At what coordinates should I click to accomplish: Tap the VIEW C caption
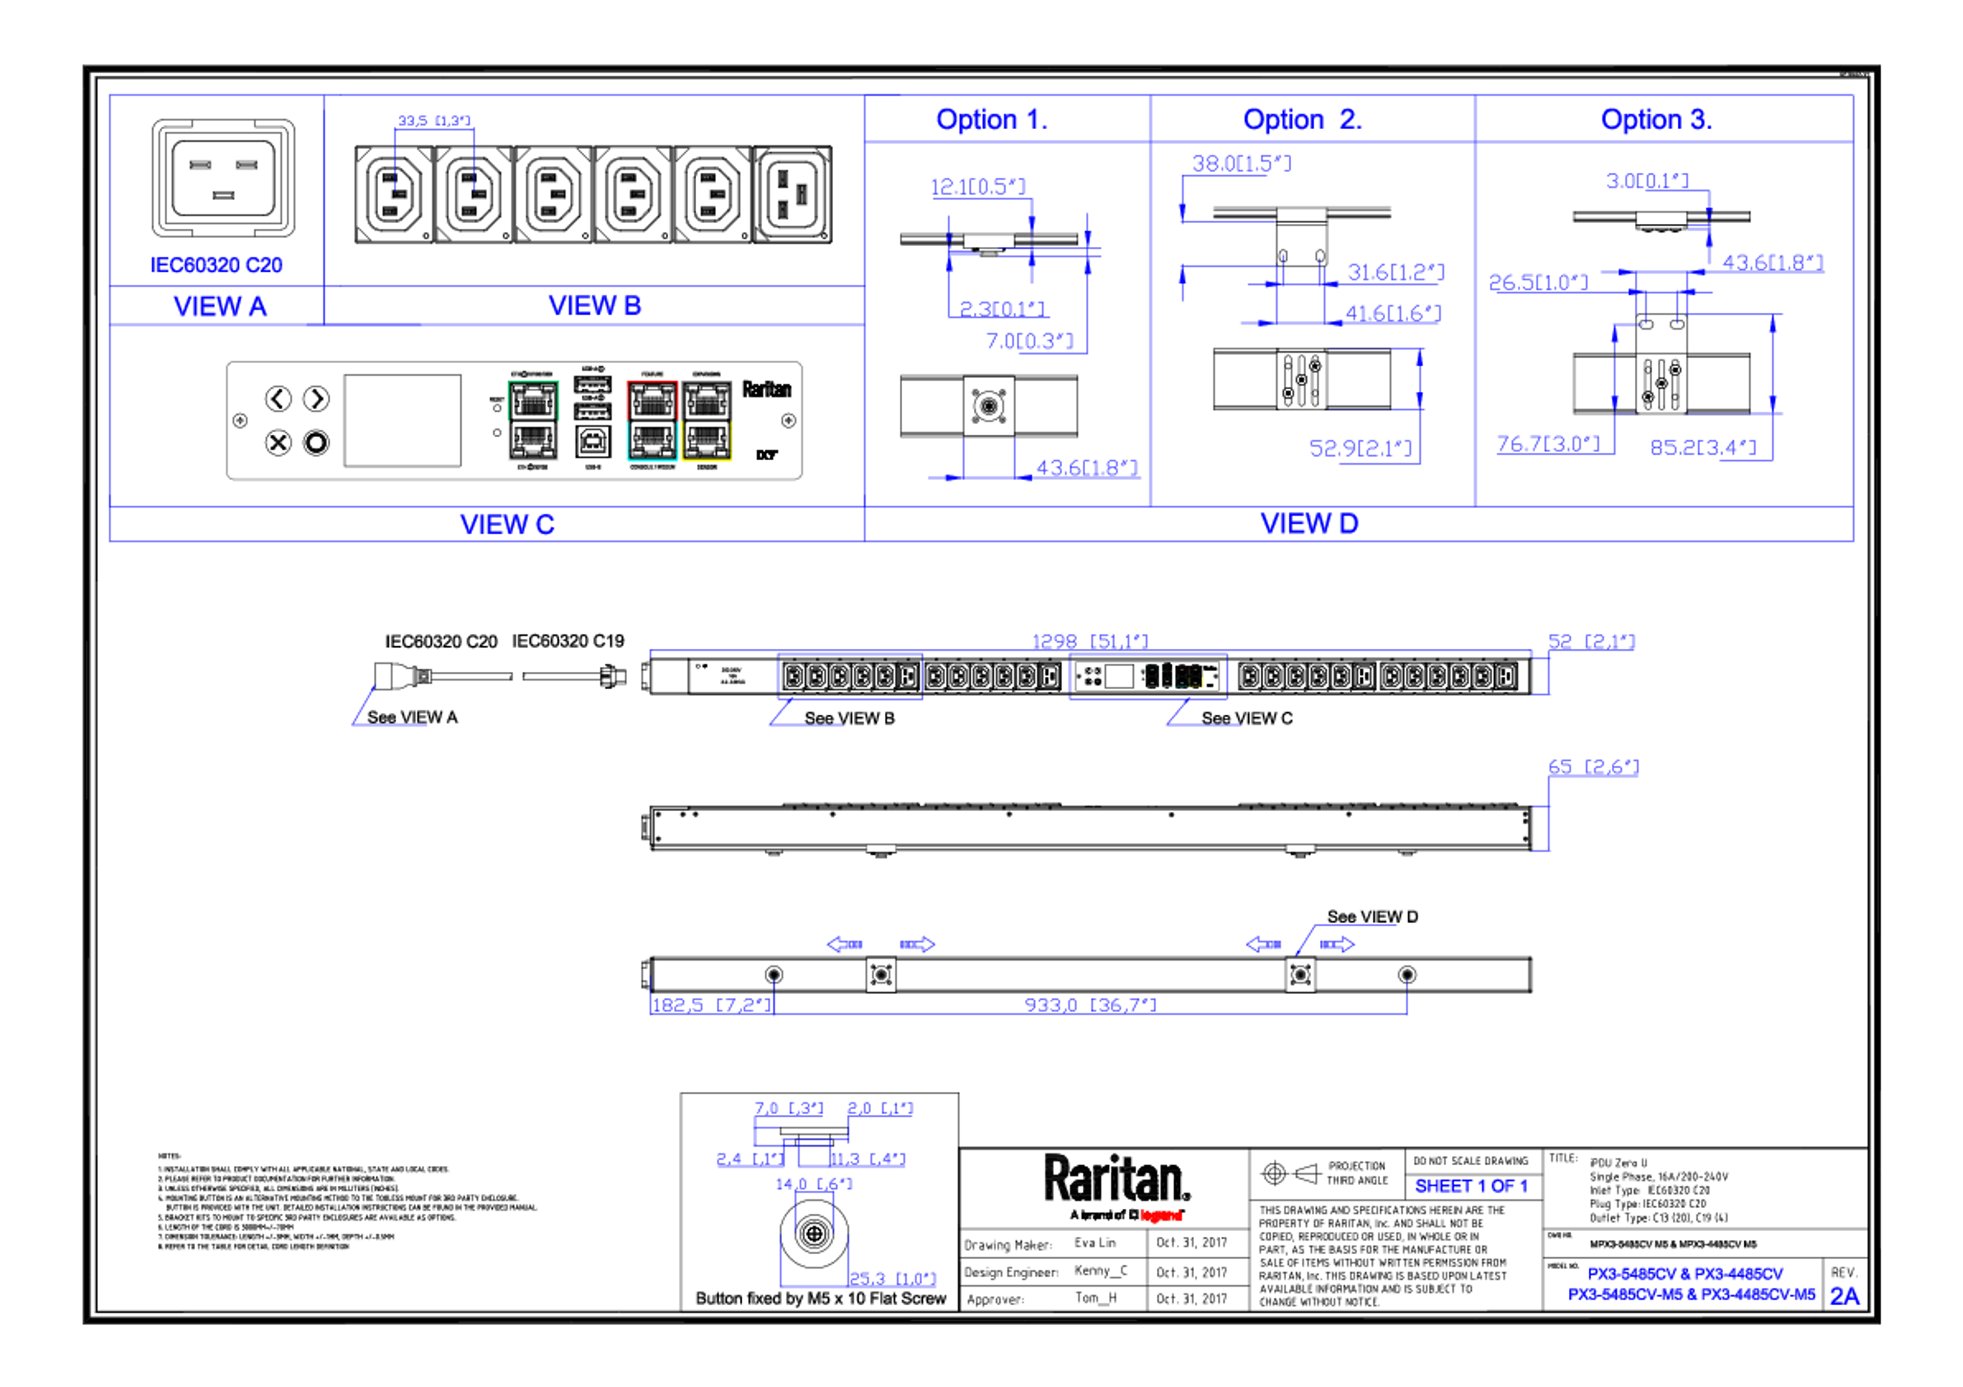coord(507,524)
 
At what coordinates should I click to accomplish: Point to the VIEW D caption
coord(1309,523)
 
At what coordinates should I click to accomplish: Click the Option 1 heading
coord(991,119)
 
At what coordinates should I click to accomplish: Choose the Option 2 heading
coord(1302,119)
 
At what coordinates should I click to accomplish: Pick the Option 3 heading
coord(1656,119)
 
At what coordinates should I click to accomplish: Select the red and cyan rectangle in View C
coord(651,420)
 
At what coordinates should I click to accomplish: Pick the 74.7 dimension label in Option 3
coord(1547,443)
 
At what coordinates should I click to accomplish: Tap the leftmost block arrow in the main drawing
coord(844,944)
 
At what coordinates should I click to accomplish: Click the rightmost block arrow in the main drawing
coord(1338,944)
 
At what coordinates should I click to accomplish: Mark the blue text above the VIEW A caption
coord(217,265)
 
